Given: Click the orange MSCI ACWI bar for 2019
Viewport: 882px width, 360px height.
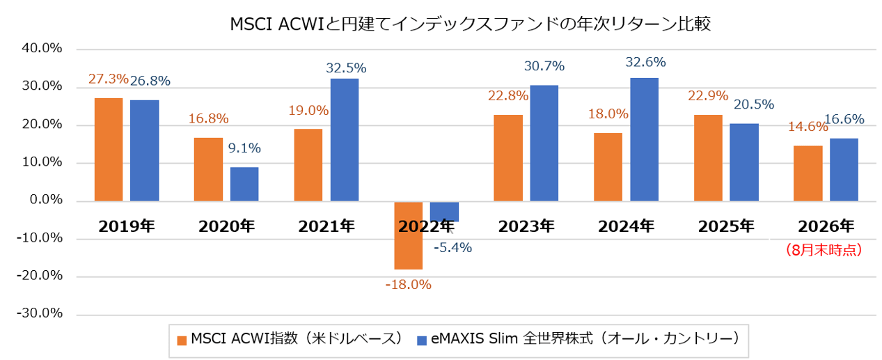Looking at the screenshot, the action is pos(109,150).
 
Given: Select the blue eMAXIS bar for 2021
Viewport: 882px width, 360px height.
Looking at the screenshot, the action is pos(345,140).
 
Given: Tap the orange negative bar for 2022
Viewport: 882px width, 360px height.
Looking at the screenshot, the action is pos(409,235).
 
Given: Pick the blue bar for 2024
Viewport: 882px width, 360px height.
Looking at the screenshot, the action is pos(644,139).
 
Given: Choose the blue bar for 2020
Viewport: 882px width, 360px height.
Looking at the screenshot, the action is pos(244,185).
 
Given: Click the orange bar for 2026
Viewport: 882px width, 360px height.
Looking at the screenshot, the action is pos(808,173).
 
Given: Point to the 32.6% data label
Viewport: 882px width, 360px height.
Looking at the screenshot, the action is pos(646,62).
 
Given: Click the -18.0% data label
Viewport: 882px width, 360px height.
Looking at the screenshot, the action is pos(409,284).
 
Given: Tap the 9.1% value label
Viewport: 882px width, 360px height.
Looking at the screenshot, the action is pos(244,148).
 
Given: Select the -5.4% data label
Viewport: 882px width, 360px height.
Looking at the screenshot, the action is pos(452,247).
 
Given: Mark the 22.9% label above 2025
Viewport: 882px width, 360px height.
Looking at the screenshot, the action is pos(708,95).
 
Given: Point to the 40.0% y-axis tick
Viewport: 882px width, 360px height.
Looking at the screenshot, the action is pos(42,48).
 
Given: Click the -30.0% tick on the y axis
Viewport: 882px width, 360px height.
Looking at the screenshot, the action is pos(40,313).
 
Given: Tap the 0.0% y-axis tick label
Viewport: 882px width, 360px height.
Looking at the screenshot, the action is pos(46,200).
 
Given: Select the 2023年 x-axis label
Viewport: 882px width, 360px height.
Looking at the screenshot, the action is pos(526,226).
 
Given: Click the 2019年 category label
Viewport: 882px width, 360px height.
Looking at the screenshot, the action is pos(127,226).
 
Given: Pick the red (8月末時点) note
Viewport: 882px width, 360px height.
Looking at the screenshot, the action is pos(824,250).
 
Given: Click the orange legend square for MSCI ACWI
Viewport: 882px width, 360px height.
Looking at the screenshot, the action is pos(182,341).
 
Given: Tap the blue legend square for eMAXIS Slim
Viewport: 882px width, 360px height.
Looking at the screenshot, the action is pos(422,341).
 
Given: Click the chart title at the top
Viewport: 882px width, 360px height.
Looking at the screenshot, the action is pos(470,24).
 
